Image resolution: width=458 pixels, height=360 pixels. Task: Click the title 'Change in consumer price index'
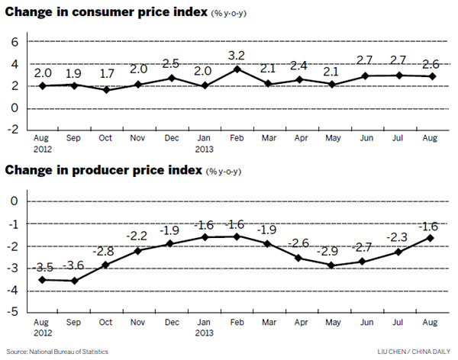click(105, 13)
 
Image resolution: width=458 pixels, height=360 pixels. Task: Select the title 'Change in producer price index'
click(102, 170)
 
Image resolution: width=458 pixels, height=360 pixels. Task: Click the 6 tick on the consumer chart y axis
click(14, 43)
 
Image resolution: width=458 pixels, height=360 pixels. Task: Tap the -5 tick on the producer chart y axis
click(11, 313)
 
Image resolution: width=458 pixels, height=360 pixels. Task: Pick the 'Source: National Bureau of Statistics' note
click(56, 351)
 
